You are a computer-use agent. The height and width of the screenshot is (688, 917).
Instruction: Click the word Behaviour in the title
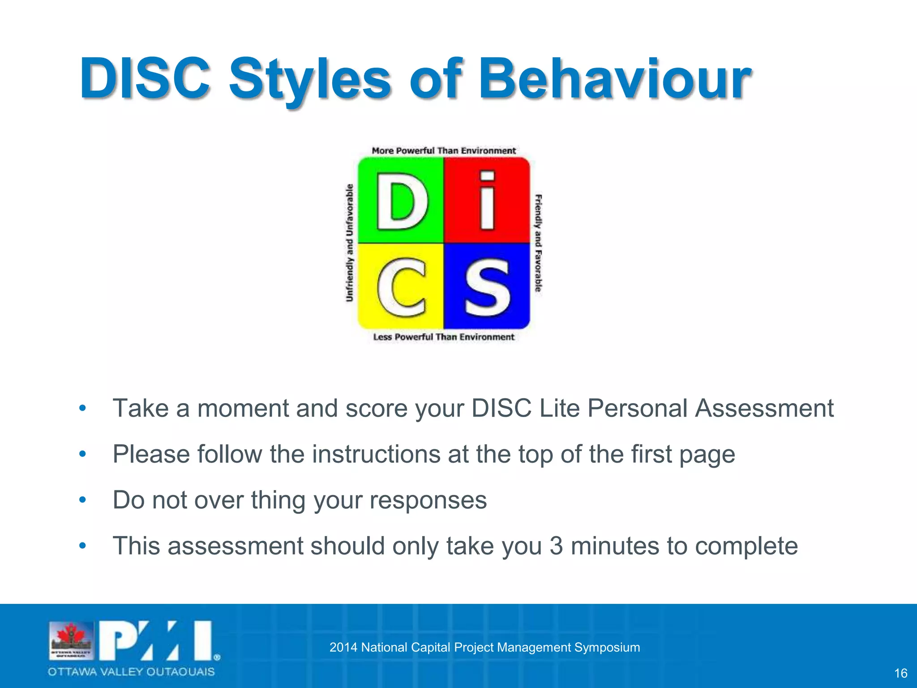tap(614, 79)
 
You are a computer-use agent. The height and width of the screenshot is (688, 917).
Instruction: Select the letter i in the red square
tap(487, 201)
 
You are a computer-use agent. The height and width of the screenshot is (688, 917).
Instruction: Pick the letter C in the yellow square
tap(402, 287)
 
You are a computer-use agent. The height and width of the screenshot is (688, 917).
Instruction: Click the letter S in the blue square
tap(487, 287)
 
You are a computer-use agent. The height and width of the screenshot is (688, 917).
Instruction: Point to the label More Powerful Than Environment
tap(444, 151)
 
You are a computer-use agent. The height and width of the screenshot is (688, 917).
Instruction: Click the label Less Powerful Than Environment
tap(444, 337)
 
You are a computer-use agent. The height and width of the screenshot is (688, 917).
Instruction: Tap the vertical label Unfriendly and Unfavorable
tap(350, 243)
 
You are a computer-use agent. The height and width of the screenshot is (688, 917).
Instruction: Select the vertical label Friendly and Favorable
tap(538, 243)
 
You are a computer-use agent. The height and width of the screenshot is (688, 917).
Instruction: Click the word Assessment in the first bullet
tap(764, 408)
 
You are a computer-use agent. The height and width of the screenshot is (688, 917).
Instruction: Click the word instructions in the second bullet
tap(376, 454)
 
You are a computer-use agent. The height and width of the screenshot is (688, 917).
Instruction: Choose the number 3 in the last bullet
tap(556, 546)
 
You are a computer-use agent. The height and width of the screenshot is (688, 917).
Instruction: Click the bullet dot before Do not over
tap(82, 499)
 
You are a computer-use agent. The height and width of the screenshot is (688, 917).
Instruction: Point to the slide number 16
tap(900, 673)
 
